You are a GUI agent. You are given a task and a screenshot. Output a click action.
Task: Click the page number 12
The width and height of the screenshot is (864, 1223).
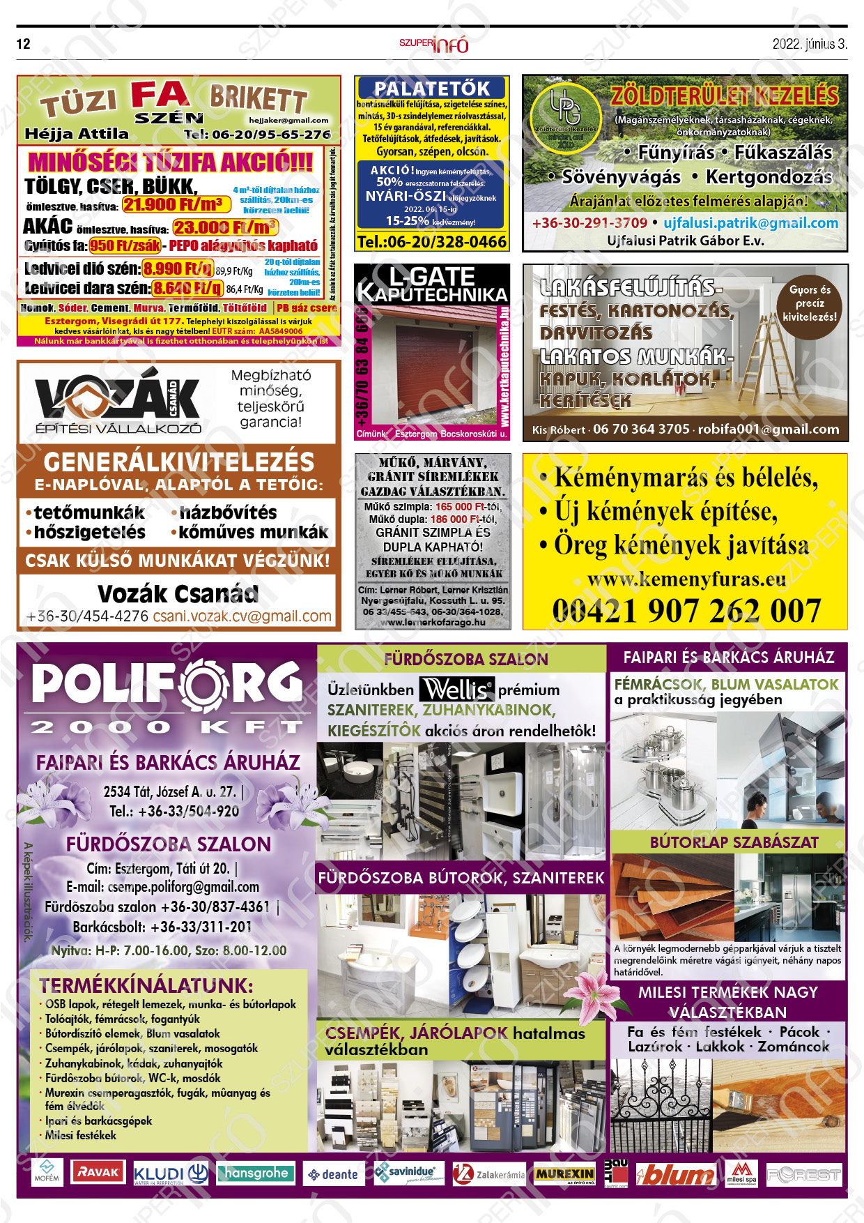coord(24,44)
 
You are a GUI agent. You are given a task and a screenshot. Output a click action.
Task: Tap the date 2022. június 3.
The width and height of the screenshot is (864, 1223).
coord(809,44)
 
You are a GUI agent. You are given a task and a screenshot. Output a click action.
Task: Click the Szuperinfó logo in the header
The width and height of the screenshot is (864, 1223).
coord(433,44)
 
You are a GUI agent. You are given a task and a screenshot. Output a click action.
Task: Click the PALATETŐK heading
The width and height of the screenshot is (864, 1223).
coord(432,89)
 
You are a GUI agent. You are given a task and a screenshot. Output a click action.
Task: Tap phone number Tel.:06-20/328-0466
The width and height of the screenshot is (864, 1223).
coord(432,242)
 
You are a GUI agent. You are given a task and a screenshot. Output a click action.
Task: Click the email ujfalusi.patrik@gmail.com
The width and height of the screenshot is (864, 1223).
coord(750,223)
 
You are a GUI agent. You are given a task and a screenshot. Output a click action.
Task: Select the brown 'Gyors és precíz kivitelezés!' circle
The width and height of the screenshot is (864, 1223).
coord(809,303)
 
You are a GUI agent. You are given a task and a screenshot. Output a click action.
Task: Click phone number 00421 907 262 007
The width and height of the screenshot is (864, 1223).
coord(686,611)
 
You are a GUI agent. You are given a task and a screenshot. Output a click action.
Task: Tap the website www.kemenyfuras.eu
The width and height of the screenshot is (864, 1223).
coord(686,579)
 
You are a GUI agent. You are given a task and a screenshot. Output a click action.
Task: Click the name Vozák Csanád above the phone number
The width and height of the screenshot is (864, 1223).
coord(178,594)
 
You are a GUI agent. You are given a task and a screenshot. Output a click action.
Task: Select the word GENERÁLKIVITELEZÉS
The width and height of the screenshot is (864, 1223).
coord(179,462)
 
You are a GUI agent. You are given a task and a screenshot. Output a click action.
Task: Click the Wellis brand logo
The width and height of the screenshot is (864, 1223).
coord(456,690)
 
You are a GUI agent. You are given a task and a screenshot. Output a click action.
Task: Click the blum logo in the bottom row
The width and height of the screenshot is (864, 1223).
coord(674,1175)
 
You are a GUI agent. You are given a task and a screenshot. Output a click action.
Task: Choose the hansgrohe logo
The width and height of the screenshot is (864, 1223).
coord(256,1173)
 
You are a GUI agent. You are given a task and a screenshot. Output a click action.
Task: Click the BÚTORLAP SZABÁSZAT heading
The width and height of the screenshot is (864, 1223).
coord(734,842)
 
